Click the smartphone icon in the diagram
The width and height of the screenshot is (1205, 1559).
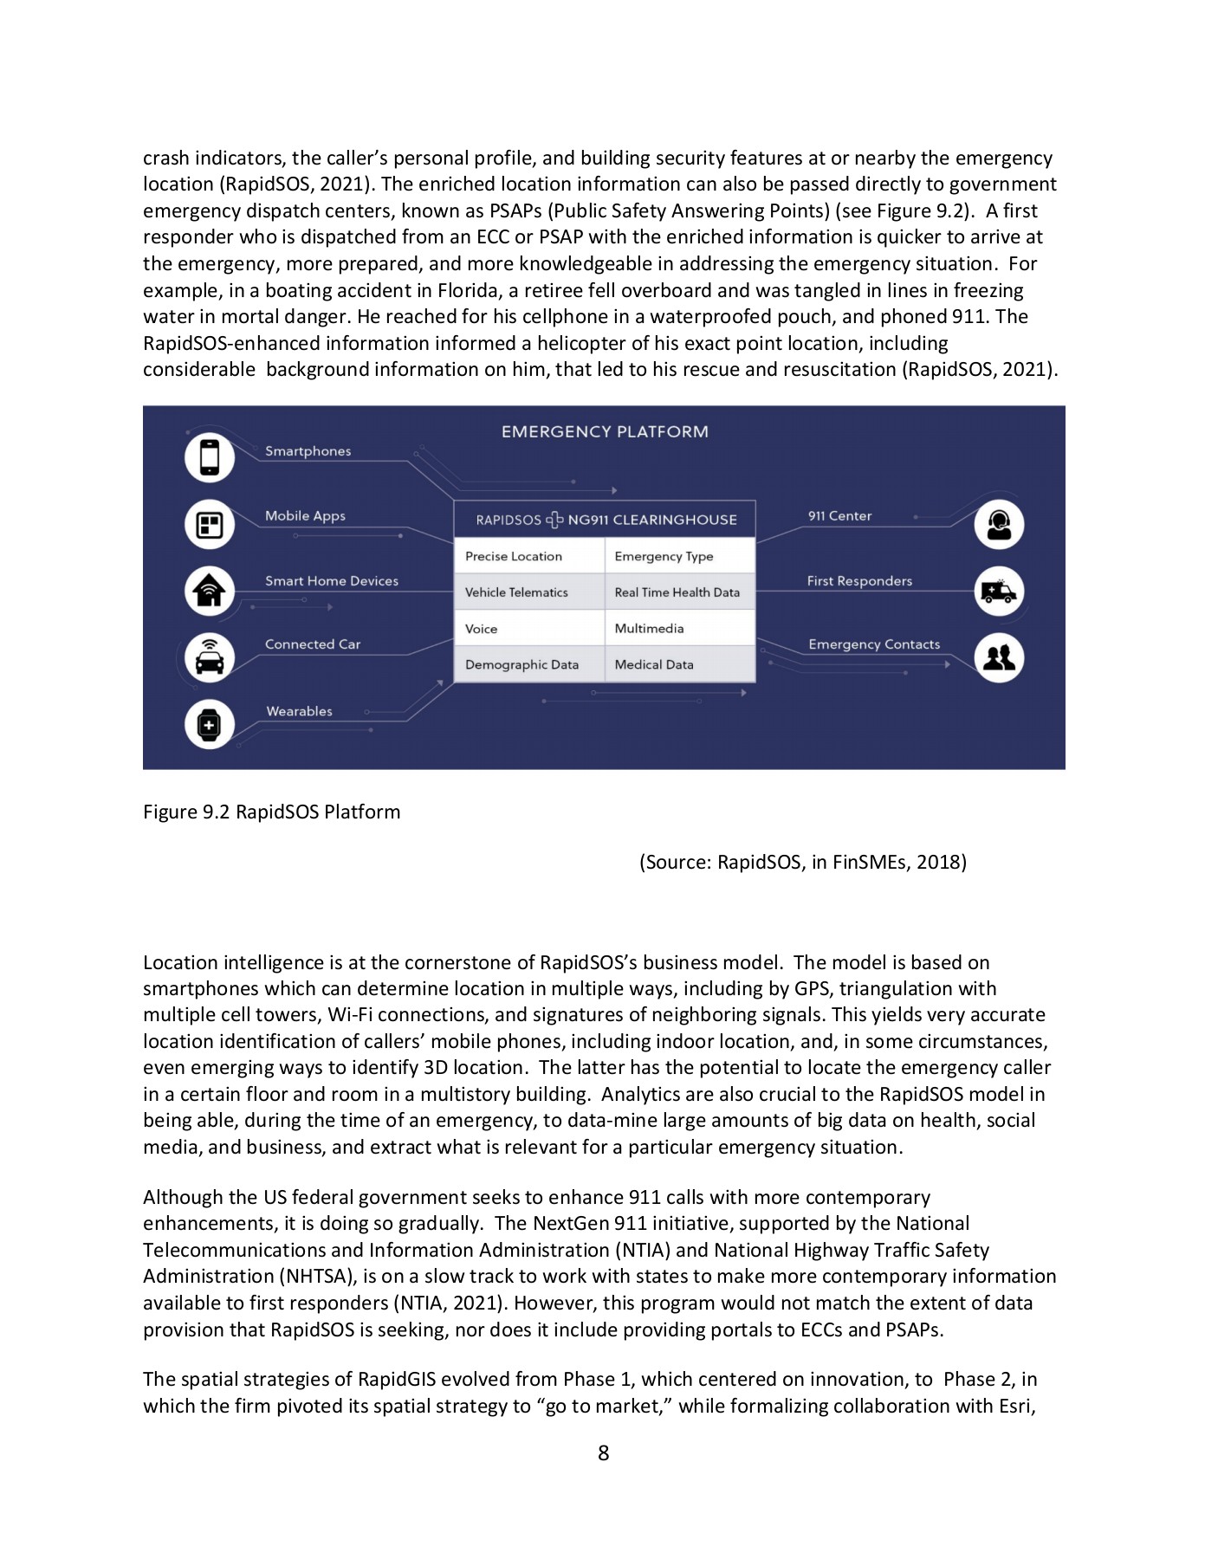click(209, 457)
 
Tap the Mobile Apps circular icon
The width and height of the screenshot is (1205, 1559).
click(209, 524)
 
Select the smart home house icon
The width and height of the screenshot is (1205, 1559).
click(209, 591)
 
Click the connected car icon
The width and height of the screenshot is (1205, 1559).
click(209, 657)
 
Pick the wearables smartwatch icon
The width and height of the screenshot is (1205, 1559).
click(209, 724)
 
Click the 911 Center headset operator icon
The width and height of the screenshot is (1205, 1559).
click(999, 524)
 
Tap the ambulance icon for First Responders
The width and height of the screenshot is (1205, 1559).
click(999, 592)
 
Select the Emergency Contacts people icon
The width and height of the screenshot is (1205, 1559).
click(999, 657)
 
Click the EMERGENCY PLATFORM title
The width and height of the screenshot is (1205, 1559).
click(605, 431)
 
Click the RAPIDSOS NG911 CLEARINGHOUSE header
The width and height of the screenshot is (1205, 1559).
click(606, 520)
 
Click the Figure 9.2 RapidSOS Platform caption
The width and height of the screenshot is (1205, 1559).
click(271, 812)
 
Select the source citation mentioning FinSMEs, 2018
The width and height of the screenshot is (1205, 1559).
click(802, 862)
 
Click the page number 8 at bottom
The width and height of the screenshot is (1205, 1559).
click(603, 1452)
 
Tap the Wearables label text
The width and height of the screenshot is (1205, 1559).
click(299, 711)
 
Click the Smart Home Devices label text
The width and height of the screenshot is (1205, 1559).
click(332, 581)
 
